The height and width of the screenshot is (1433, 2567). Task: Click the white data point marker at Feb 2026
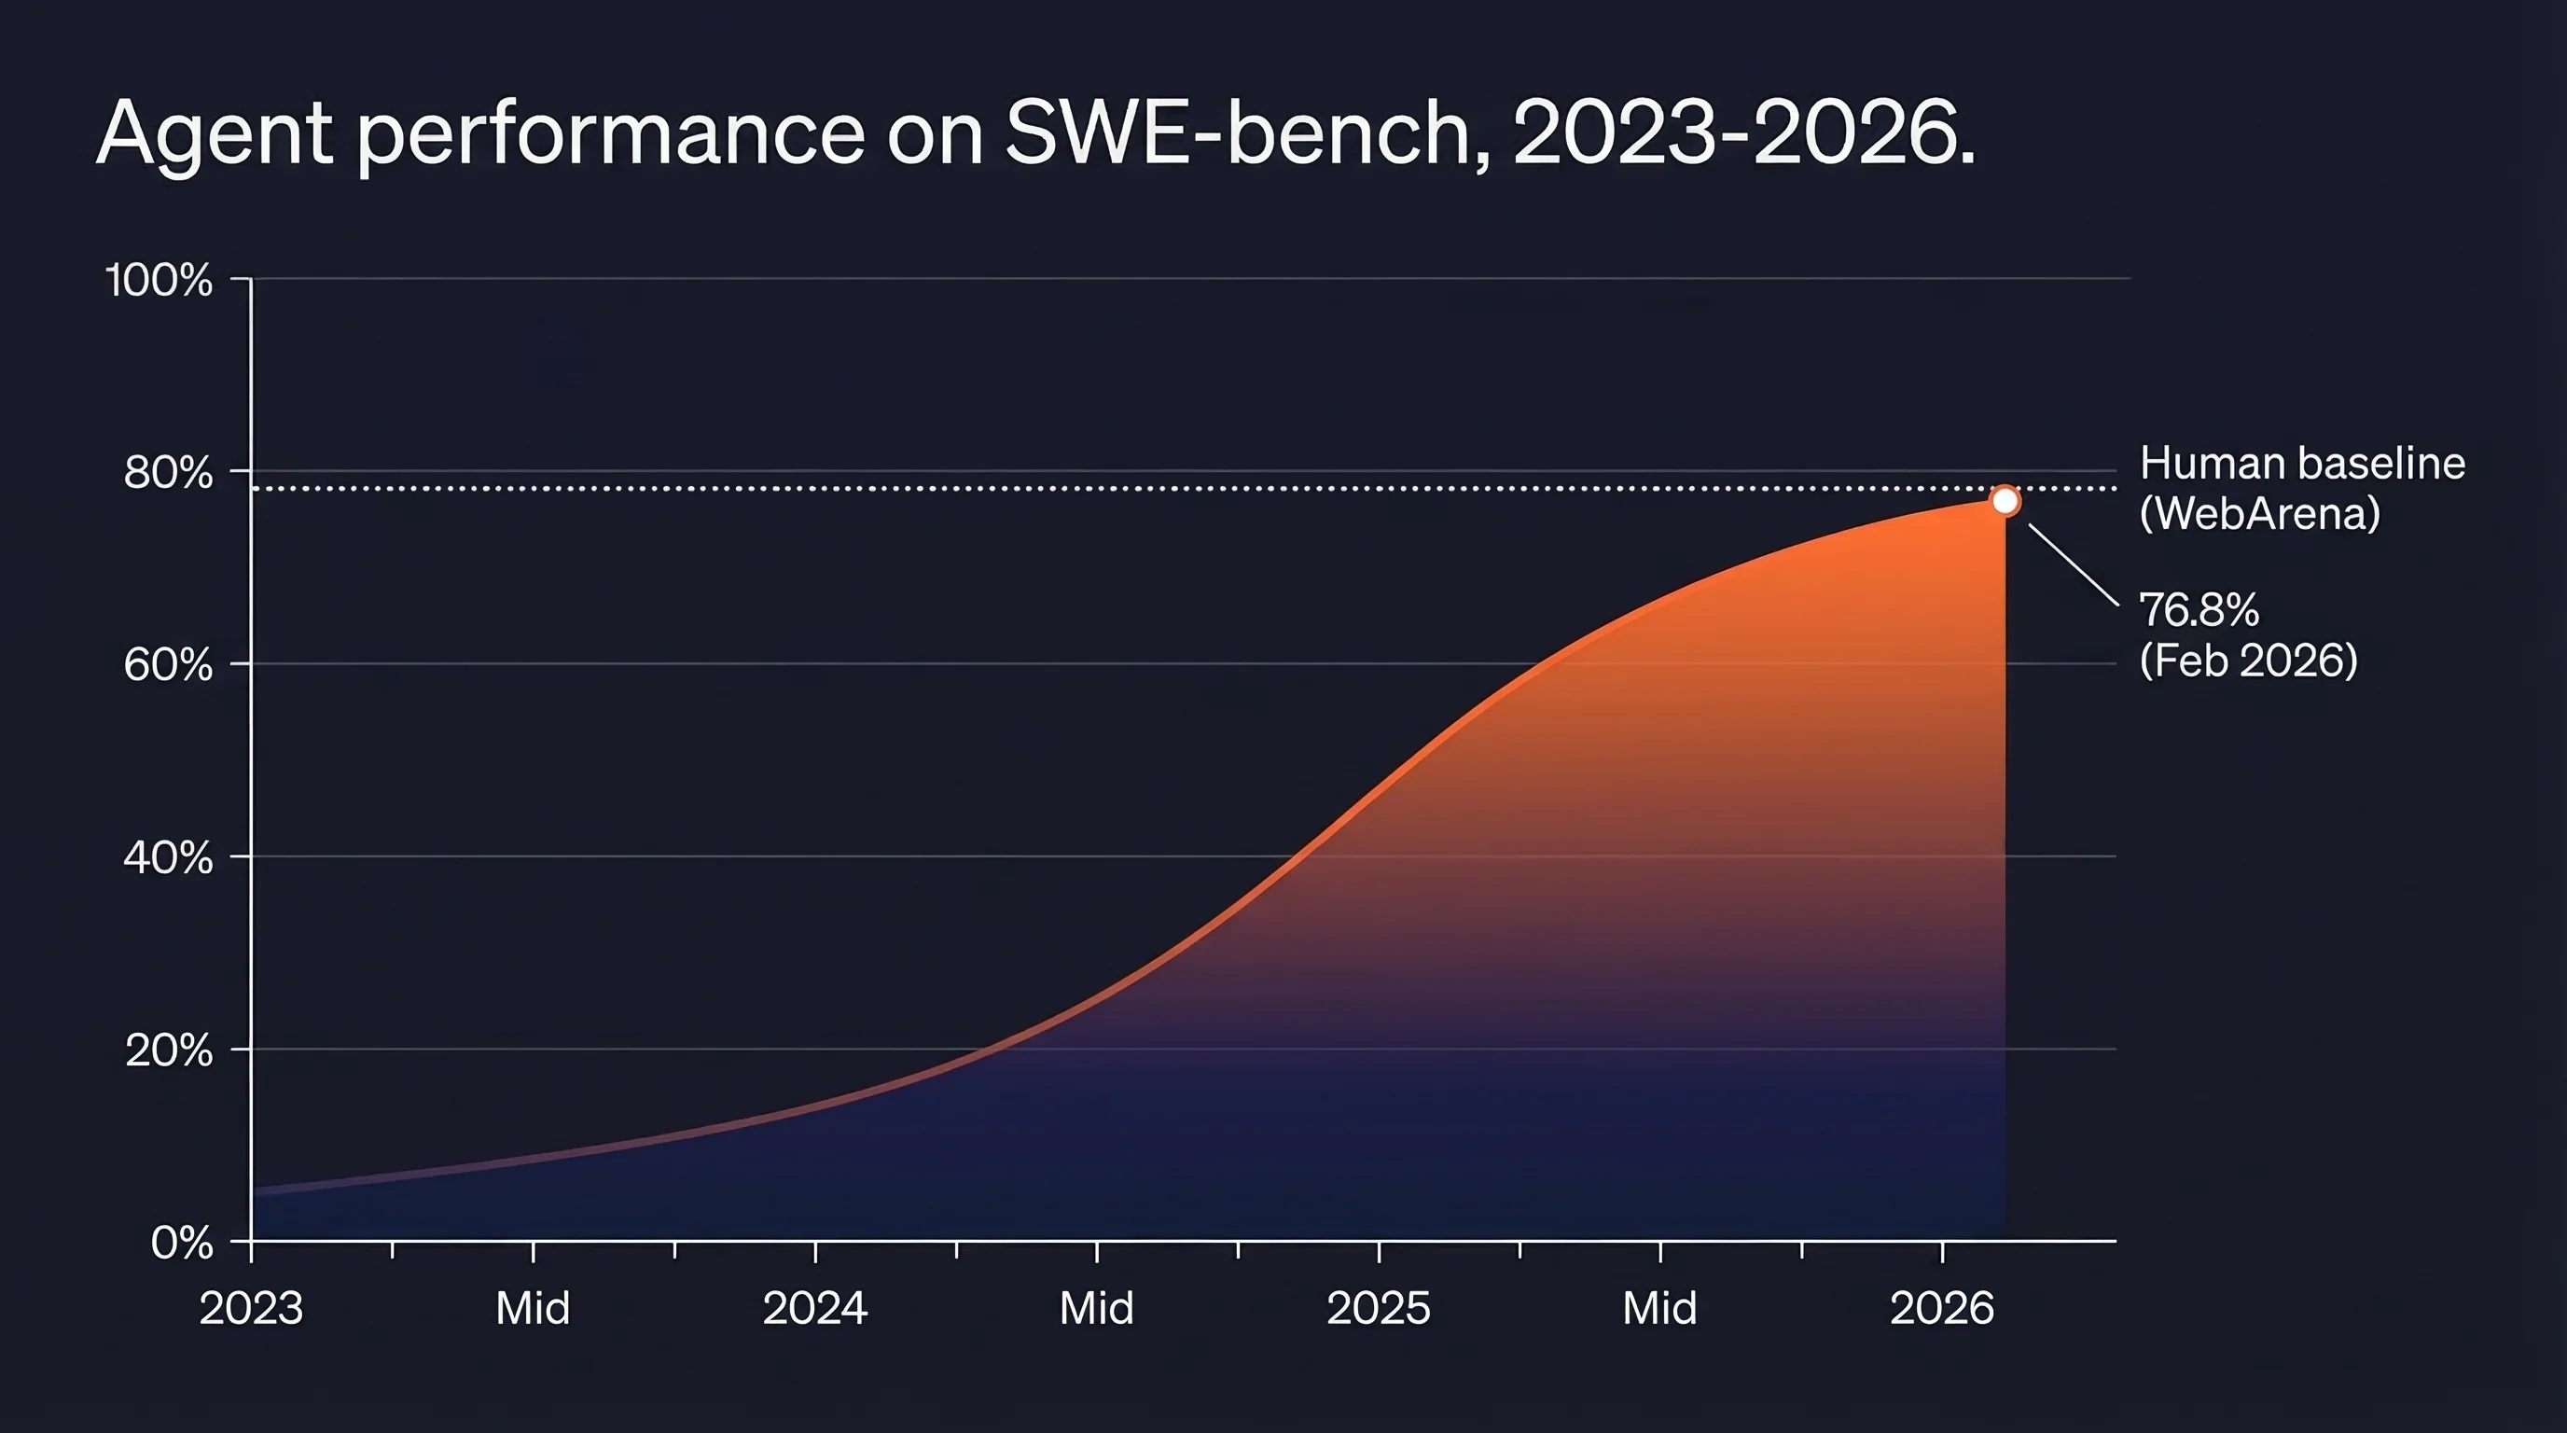pos(2005,501)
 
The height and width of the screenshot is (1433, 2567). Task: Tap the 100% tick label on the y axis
pos(160,280)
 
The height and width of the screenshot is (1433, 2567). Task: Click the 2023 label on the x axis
pos(251,1308)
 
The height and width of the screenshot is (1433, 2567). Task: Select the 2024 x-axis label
pos(815,1308)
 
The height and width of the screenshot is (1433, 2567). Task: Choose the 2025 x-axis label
pos(1378,1308)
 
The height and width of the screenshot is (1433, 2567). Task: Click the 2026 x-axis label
pos(1942,1308)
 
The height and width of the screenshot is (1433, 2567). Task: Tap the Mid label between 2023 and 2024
pos(534,1308)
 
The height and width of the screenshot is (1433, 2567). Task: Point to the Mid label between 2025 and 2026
pos(1660,1308)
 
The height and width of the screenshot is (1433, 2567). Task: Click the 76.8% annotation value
pos(2199,610)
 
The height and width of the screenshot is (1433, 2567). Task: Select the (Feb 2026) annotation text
pos(2249,661)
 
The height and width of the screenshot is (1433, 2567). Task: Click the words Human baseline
pos(2302,464)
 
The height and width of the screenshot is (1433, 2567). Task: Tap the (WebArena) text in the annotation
pos(2260,514)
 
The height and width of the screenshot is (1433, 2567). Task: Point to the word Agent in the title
pos(215,134)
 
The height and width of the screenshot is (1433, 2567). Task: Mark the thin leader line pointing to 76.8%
pos(2074,565)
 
